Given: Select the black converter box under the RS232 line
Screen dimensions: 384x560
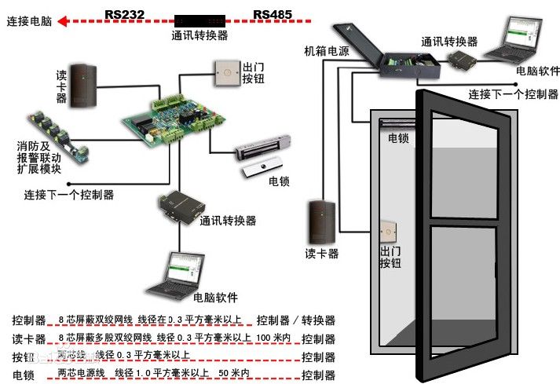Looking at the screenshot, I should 199,19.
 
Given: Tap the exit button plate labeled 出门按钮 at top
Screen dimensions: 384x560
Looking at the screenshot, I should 226,75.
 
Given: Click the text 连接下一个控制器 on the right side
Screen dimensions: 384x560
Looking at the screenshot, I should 513,94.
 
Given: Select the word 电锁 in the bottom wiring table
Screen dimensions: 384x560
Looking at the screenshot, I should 22,375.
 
